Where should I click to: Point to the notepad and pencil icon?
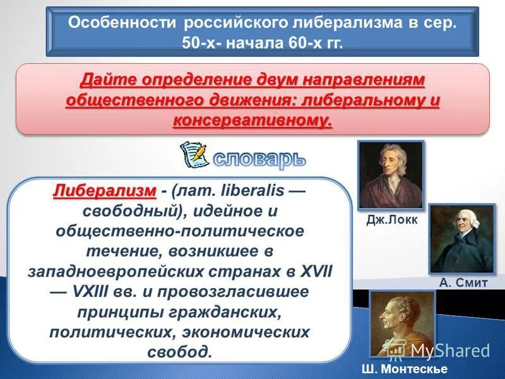(194, 154)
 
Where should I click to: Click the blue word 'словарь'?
(259, 158)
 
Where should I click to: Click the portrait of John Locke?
(391, 175)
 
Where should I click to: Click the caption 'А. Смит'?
(463, 283)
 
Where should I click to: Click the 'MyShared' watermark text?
(450, 350)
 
